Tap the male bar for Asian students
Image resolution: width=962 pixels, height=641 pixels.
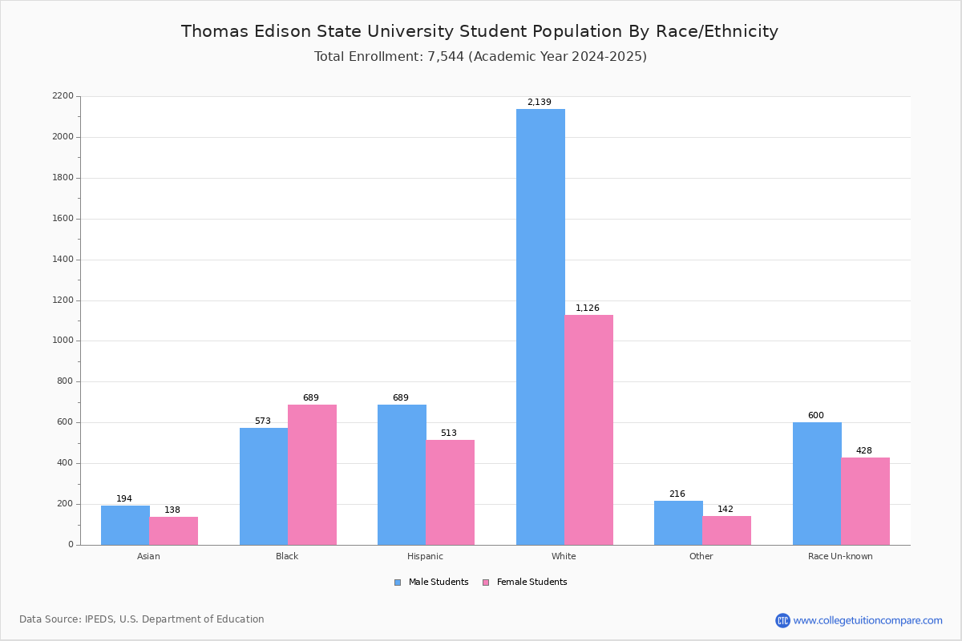click(125, 525)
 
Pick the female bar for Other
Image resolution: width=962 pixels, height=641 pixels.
click(726, 530)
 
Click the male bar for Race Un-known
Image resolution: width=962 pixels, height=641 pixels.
click(817, 483)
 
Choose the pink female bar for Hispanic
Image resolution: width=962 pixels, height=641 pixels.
click(450, 492)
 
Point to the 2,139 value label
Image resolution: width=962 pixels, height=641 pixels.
click(539, 103)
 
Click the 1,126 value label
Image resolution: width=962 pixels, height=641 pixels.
click(587, 308)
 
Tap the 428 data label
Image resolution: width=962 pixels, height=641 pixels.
click(863, 451)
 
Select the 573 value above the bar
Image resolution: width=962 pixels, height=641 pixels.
click(263, 421)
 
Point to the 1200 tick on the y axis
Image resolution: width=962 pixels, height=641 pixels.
click(63, 300)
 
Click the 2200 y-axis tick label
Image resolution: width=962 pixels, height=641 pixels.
click(63, 96)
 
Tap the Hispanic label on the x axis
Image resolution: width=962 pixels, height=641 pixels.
click(425, 556)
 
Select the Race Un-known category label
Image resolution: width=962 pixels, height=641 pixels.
click(840, 556)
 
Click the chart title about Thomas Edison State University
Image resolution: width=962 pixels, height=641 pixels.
click(479, 31)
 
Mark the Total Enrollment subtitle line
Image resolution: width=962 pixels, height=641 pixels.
click(479, 57)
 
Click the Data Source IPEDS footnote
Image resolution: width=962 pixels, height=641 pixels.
click(142, 619)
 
